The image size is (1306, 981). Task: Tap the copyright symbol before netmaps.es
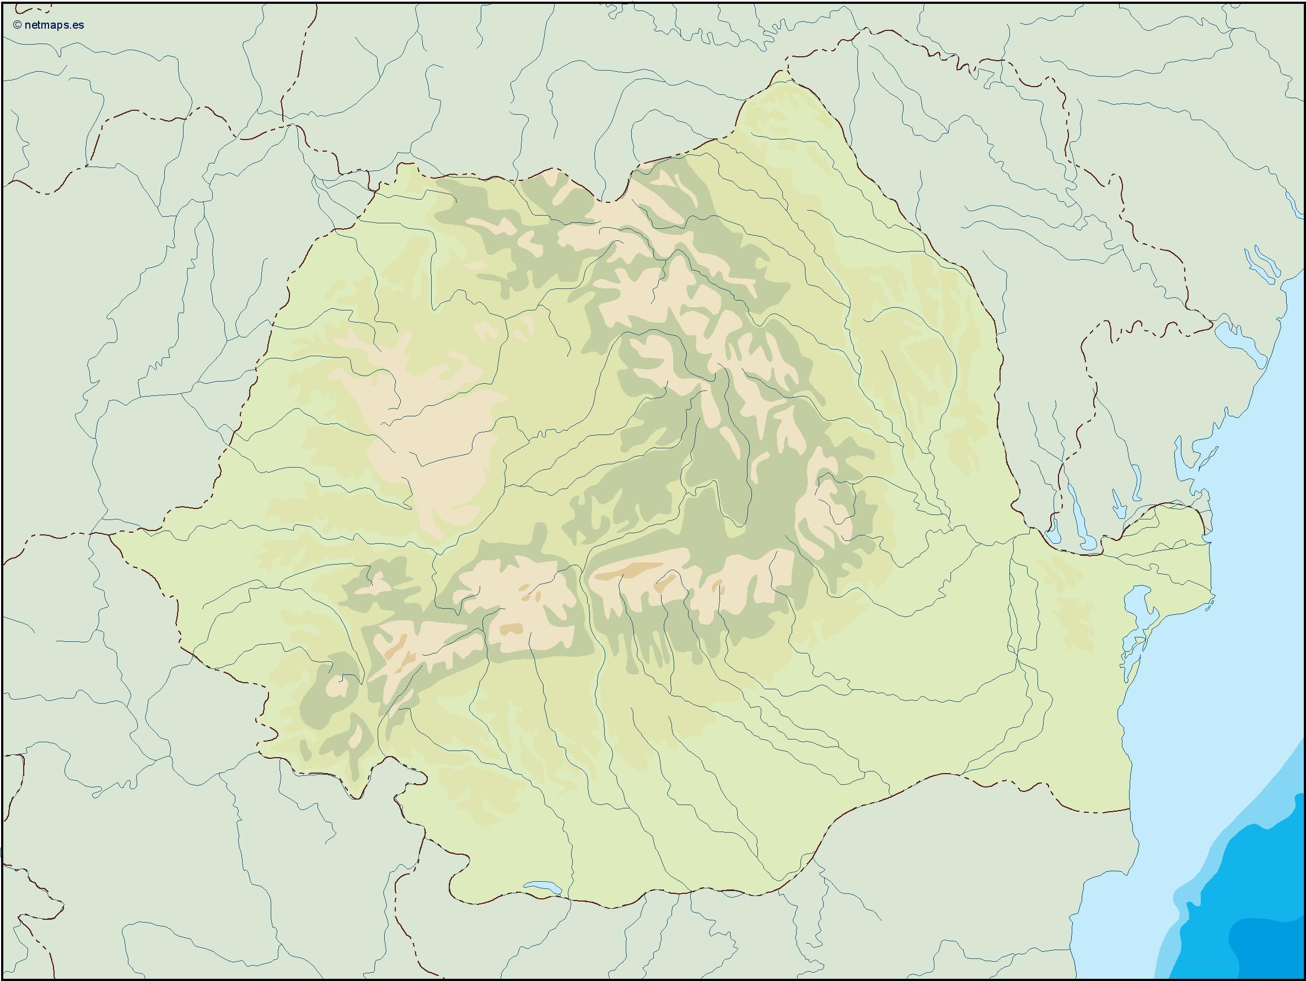(x=17, y=25)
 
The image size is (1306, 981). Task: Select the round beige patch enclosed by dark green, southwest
(x=337, y=687)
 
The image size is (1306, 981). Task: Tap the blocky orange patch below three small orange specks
(x=510, y=629)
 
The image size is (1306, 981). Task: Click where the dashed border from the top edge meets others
(x=289, y=125)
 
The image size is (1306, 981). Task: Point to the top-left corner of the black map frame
(x=2, y=2)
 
